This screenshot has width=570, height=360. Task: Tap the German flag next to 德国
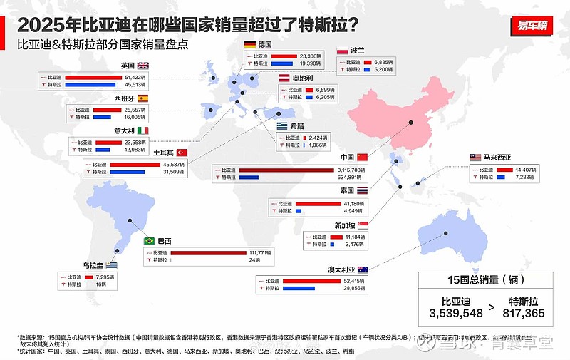pyautogui.click(x=250, y=44)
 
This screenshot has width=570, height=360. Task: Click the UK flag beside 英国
pyautogui.click(x=143, y=65)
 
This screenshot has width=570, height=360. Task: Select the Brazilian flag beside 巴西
pyautogui.click(x=150, y=241)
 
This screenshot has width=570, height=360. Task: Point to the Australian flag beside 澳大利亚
pyautogui.click(x=363, y=269)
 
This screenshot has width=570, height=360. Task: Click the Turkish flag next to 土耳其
pyautogui.click(x=181, y=153)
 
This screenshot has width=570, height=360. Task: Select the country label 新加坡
pyautogui.click(x=343, y=225)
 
